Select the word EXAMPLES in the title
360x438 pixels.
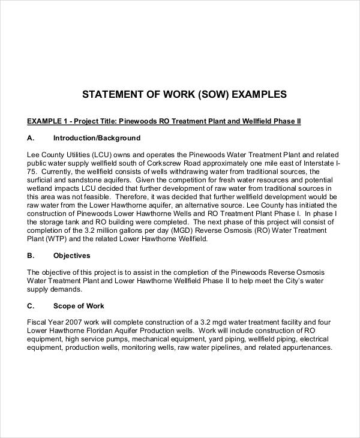pos(254,94)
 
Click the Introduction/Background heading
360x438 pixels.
pos(97,137)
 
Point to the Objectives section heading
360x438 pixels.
pos(71,256)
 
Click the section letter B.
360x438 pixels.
pos(30,256)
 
